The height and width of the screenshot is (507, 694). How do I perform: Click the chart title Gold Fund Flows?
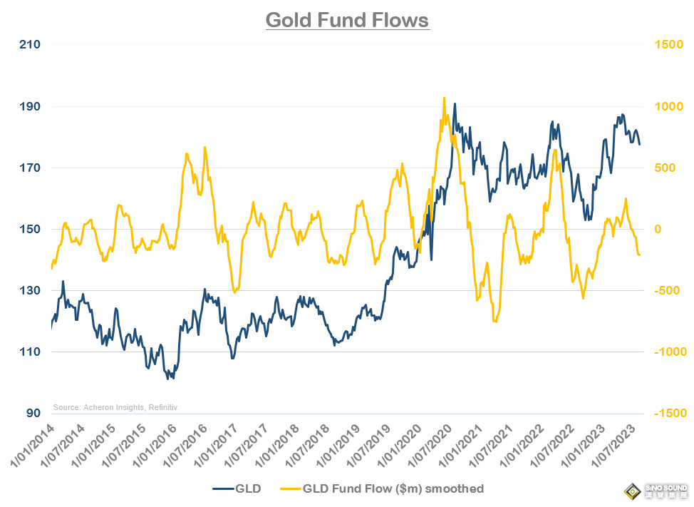(x=347, y=19)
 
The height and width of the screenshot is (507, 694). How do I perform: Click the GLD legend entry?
(x=237, y=488)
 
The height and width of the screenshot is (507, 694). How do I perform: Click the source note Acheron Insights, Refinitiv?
(x=115, y=407)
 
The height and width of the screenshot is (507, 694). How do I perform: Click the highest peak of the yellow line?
(x=444, y=98)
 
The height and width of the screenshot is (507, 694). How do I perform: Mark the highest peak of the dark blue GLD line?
(x=455, y=104)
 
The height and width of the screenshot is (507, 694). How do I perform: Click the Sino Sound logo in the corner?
(x=653, y=491)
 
